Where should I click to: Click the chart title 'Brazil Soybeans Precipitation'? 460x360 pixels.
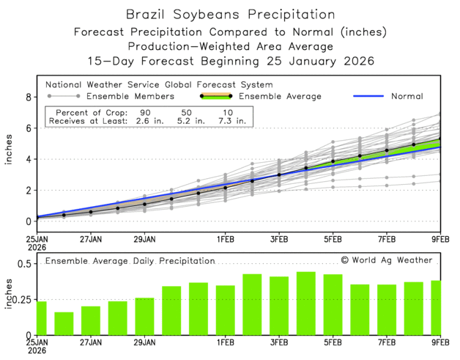[230, 14]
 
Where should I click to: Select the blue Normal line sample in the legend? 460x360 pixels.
[370, 96]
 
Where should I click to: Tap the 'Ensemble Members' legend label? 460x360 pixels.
[130, 96]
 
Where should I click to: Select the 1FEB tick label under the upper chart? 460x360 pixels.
[225, 239]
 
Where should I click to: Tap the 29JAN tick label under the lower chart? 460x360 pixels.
[144, 341]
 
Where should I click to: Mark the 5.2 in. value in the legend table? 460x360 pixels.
[201, 120]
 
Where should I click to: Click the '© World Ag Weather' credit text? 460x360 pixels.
[386, 260]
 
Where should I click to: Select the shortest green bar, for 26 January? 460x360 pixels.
[64, 323]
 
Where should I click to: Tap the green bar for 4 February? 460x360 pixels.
[305, 304]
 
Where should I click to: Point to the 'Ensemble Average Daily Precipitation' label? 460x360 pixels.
[130, 260]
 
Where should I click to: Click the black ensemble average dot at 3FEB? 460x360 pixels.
[279, 175]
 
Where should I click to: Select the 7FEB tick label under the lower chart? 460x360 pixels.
[387, 341]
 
